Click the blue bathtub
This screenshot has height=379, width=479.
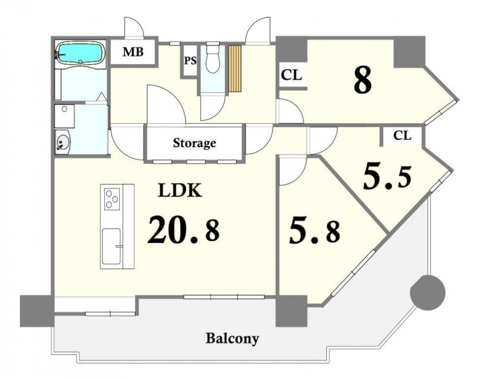(x=80, y=54)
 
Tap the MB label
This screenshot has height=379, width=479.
(x=133, y=52)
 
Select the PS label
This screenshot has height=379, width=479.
(x=190, y=60)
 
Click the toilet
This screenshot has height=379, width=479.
(x=213, y=57)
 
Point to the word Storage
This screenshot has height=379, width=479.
(x=195, y=143)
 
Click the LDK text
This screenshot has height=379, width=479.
(x=180, y=190)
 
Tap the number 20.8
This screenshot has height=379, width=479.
(x=183, y=229)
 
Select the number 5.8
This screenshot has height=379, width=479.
(x=314, y=233)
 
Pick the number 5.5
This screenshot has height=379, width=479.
(x=387, y=177)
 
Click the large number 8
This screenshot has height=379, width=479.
(x=363, y=80)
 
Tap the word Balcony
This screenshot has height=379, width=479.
(x=232, y=338)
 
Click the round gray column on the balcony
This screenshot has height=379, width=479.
(x=428, y=292)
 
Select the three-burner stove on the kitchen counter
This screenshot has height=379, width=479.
(x=112, y=199)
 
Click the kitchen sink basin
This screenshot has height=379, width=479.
(x=112, y=246)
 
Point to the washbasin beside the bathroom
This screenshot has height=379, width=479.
(x=63, y=142)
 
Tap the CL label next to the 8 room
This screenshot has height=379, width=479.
(x=292, y=75)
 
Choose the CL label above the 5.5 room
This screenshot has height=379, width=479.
(x=402, y=135)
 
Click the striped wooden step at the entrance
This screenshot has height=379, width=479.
(x=235, y=68)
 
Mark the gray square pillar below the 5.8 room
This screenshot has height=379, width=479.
(x=291, y=311)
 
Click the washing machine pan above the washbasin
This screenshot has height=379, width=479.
(x=64, y=116)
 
